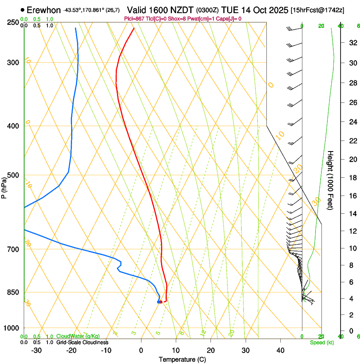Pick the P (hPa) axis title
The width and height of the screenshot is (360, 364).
4,187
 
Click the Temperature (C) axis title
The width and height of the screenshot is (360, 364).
182,359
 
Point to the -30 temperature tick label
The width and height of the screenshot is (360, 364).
36,350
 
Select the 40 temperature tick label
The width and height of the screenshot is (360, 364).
280,350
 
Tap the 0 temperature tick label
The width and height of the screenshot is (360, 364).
141,350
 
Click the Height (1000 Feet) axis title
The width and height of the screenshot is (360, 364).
330,180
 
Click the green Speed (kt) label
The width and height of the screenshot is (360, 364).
321,342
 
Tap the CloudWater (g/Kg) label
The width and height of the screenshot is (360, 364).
75,336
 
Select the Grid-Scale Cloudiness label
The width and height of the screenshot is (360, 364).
82,342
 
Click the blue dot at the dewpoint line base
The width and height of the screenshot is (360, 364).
159,302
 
